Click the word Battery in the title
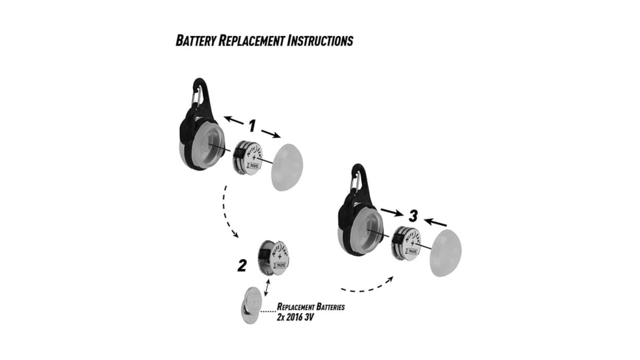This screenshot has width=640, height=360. (198, 41)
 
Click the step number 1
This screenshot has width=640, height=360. (253, 123)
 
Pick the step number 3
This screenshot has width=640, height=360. (412, 216)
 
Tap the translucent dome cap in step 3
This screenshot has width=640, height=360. (445, 253)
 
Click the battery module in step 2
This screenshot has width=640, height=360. (272, 257)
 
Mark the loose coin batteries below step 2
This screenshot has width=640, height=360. (251, 305)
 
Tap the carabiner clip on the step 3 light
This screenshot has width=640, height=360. (357, 180)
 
